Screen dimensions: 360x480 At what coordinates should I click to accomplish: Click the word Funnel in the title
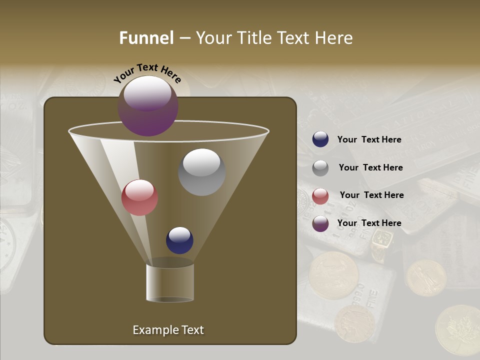146,38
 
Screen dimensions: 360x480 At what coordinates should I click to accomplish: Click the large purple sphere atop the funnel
148,106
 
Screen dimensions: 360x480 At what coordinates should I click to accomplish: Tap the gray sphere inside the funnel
201,171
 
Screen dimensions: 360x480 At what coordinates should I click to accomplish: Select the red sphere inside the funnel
139,197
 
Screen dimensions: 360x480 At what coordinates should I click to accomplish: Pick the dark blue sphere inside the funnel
179,240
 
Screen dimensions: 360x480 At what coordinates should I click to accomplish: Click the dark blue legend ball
320,139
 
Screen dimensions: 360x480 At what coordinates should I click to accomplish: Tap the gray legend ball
320,168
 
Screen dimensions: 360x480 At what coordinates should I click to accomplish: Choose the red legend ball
320,196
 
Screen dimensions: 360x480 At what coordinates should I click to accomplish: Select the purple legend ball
320,223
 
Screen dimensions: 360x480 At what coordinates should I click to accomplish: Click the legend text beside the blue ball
369,139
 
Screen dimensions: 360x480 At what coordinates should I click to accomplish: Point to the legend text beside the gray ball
370,167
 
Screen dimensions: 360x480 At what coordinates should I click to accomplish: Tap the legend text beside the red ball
371,195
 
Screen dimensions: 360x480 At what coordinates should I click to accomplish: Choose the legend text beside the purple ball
369,223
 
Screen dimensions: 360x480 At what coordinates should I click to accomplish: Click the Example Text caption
168,330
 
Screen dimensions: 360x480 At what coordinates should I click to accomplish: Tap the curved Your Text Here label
147,72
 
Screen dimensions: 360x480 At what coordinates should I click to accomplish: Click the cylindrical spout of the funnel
170,282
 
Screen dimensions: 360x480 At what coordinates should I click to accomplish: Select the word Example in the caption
152,330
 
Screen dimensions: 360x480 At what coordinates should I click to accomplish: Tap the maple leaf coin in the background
457,330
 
